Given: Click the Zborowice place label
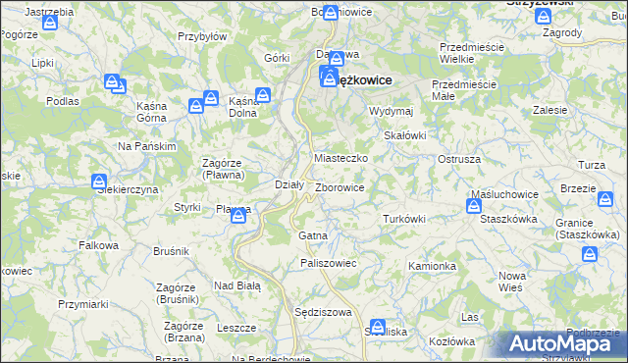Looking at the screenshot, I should [341, 187].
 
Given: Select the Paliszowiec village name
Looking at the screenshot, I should [328, 263].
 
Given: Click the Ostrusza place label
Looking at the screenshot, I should [458, 159].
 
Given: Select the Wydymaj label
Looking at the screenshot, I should [391, 112].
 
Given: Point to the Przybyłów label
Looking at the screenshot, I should [202, 35].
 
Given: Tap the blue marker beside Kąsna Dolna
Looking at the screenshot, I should [263, 96].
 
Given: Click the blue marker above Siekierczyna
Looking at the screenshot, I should [99, 181].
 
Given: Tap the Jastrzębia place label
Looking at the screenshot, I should [49, 11].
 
